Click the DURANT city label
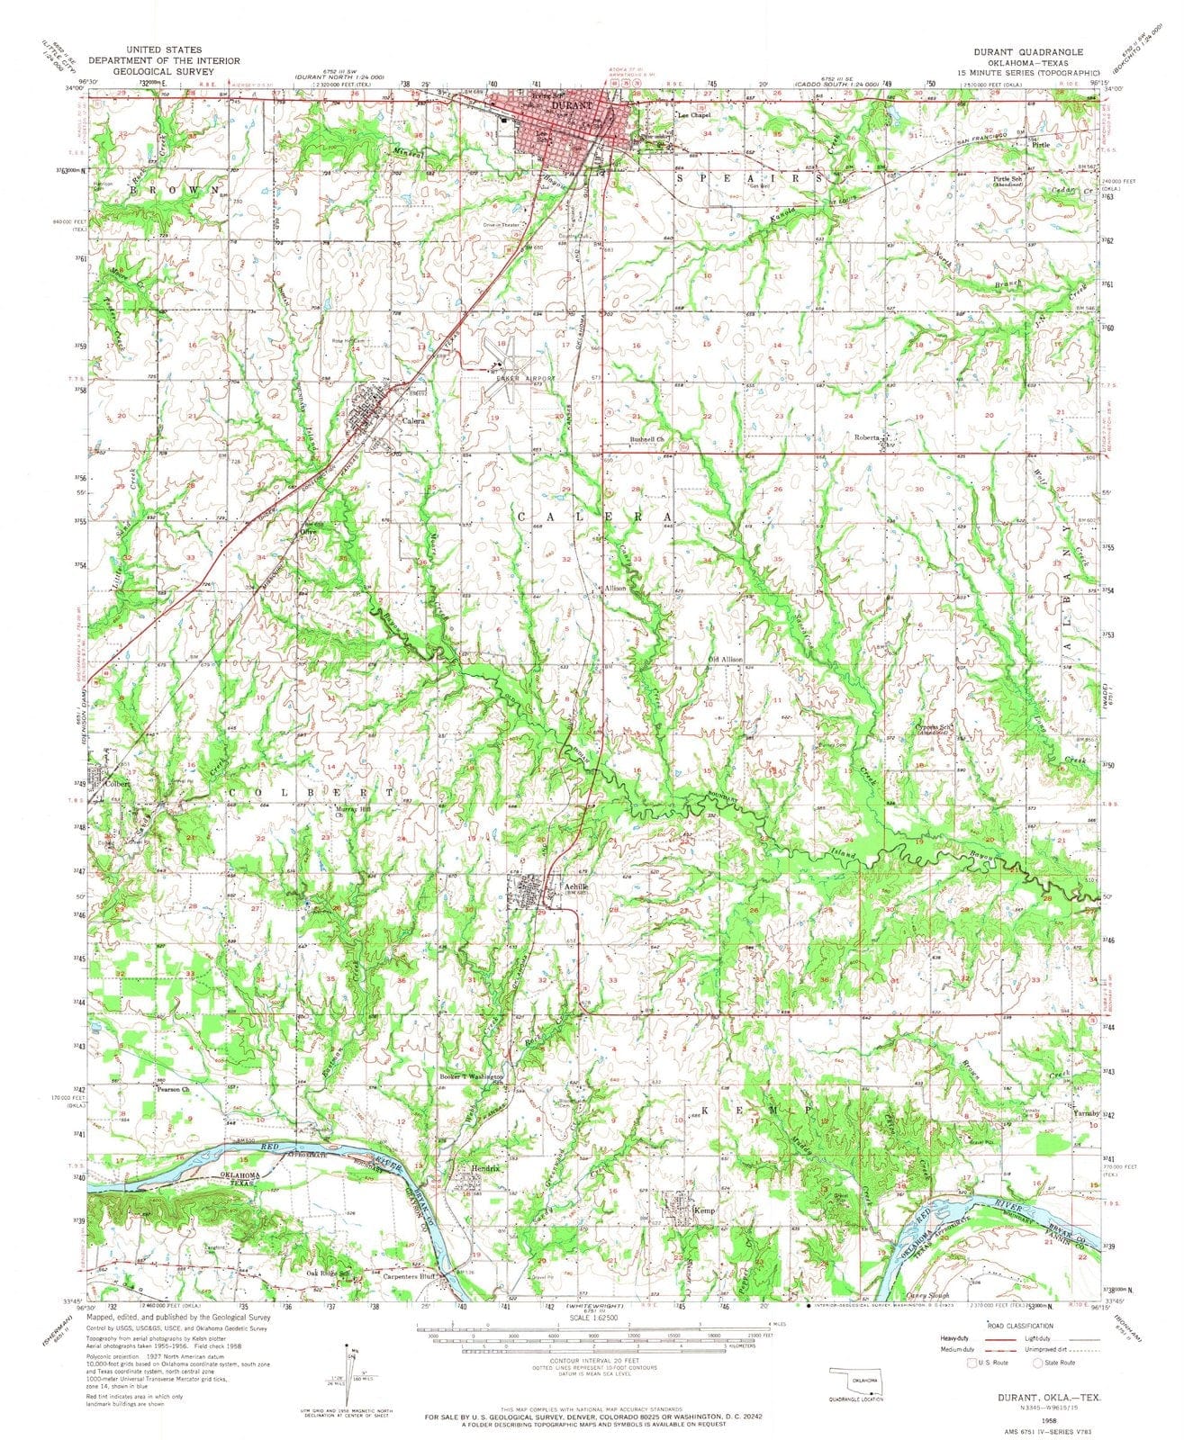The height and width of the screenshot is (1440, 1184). (570, 105)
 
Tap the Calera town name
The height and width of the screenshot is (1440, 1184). (413, 420)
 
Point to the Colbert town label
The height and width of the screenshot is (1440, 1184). (119, 783)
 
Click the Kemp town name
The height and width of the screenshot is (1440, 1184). (704, 1210)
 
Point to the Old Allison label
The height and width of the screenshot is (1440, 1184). (725, 660)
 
